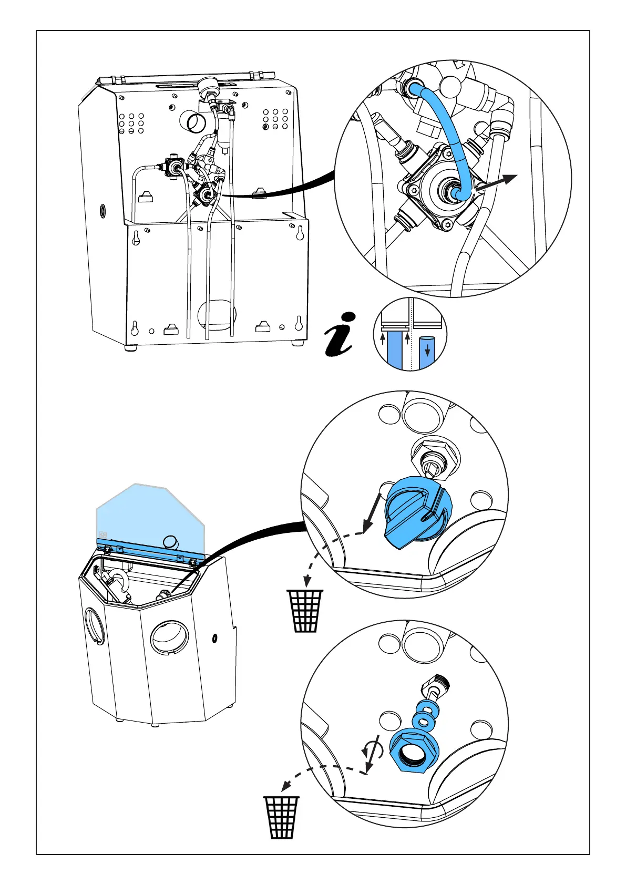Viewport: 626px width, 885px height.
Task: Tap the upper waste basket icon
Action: [x=304, y=610]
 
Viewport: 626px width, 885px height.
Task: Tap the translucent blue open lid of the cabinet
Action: [x=147, y=515]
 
